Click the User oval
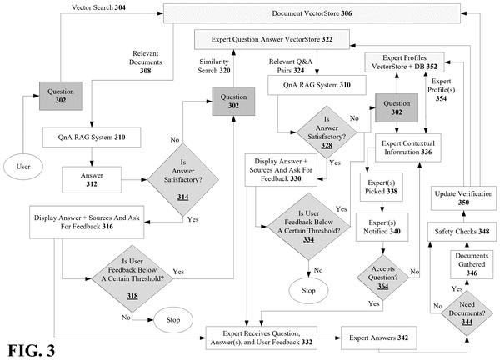point(23,167)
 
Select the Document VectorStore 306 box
point(312,13)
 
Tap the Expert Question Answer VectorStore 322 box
point(272,39)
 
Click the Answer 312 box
point(92,179)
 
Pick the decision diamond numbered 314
point(183,179)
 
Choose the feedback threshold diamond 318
point(132,278)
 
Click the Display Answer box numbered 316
point(87,222)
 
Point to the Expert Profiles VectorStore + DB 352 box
point(404,62)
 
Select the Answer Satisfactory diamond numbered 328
point(327,132)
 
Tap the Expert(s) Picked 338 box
point(382,187)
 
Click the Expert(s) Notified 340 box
point(382,227)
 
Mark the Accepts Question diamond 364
point(382,277)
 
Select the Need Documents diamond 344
point(467,312)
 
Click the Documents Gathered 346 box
point(472,264)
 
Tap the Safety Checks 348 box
point(462,232)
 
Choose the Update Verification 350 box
point(463,198)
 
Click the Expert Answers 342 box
point(379,337)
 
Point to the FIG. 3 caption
point(32,351)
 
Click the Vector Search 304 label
point(98,7)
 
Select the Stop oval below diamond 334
point(308,291)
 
